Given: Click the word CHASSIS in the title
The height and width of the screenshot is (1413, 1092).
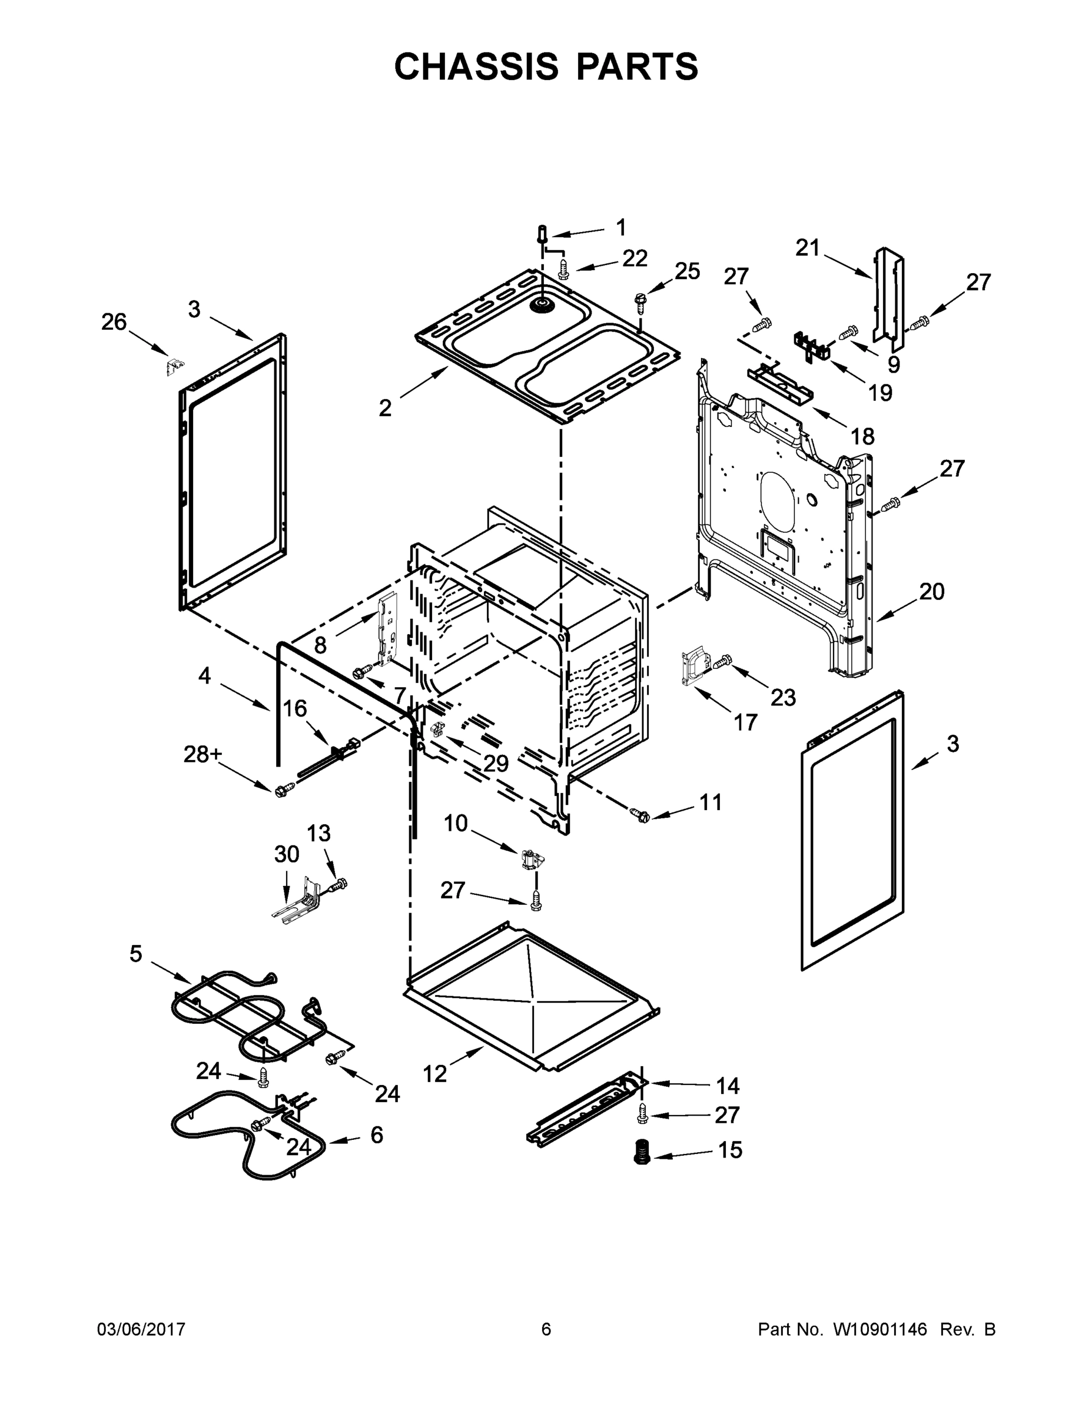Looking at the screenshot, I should click(x=476, y=67).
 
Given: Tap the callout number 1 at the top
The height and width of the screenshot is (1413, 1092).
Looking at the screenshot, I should click(x=620, y=228).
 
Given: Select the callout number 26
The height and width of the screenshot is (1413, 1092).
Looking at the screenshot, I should click(x=114, y=321).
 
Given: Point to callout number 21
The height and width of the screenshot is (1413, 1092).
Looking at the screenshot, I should click(x=807, y=248).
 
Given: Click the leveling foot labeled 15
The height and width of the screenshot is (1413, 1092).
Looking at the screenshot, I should click(x=642, y=1152).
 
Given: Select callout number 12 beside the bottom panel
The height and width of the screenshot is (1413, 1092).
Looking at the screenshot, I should click(x=434, y=1074).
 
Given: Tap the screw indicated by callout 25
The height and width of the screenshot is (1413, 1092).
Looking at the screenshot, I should click(x=640, y=300).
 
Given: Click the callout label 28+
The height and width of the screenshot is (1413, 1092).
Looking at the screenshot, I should click(x=203, y=754).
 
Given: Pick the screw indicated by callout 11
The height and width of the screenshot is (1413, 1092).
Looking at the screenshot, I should click(x=639, y=815).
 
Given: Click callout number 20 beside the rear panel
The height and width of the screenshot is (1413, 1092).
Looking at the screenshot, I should click(x=931, y=591).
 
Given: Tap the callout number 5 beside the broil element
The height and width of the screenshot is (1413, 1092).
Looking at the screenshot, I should click(x=135, y=953).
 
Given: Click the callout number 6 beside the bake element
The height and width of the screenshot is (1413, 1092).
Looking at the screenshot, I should click(x=377, y=1134).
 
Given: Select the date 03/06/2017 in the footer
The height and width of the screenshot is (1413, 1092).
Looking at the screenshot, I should click(x=141, y=1329).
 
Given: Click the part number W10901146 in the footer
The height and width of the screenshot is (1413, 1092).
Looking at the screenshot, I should click(x=880, y=1329).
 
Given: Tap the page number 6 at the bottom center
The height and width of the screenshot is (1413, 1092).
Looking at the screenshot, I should click(x=546, y=1329).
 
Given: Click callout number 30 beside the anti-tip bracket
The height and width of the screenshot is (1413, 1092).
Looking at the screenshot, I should click(x=287, y=854).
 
